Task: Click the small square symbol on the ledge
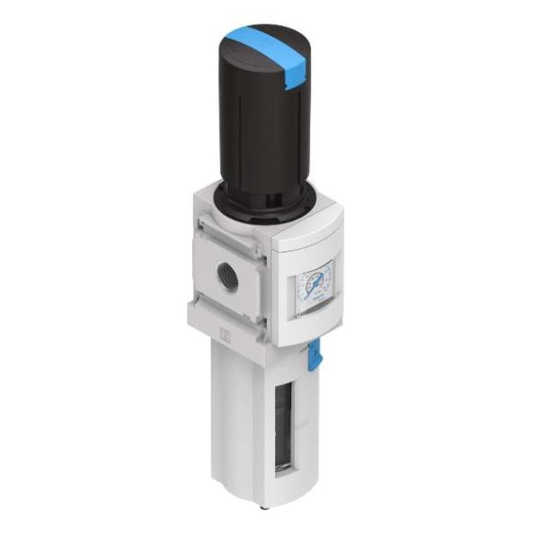[x=227, y=335]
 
